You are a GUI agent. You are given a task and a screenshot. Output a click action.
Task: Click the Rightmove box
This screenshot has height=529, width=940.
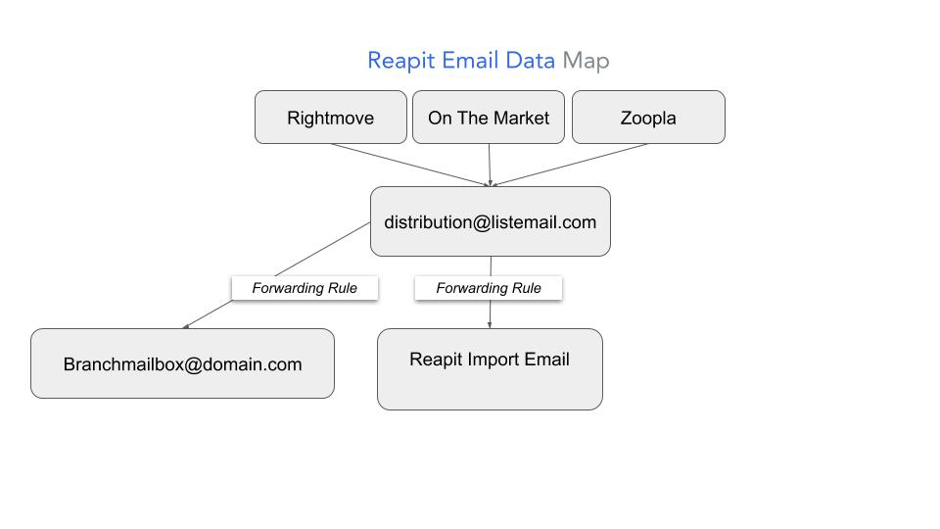pos(330,118)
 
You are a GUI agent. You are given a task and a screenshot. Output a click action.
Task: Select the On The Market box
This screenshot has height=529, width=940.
pos(489,118)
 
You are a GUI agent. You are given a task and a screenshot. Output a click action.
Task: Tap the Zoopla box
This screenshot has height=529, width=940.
pos(648,118)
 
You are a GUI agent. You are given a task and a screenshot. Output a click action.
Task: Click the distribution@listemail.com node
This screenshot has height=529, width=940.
pos(490,222)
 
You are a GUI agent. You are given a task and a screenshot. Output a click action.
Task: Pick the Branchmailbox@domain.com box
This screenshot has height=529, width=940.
pos(182,364)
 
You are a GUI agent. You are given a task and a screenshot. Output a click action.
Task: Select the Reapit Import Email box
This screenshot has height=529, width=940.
pos(490,370)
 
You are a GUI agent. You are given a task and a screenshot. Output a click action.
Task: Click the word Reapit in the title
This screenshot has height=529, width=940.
pos(401,61)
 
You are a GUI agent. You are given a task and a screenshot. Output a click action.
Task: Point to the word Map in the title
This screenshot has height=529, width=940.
pos(586,61)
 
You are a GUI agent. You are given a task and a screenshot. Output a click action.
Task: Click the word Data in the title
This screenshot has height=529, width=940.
pos(531,61)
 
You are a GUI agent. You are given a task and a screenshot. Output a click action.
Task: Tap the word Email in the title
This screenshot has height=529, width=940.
pos(471,61)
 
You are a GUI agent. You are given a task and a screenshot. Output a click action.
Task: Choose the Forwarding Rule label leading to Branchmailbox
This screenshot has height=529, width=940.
pos(305,288)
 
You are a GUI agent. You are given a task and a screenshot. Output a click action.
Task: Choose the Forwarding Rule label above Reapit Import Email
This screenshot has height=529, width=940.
pos(489,288)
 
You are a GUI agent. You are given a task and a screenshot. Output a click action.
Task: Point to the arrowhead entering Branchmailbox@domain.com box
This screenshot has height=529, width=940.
pos(186,325)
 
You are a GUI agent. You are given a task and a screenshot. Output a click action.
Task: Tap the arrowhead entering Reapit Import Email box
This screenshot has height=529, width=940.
pos(490,325)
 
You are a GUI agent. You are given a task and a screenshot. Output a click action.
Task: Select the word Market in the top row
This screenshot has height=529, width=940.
pos(521,118)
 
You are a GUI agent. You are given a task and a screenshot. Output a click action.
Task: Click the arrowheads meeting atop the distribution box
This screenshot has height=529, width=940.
pos(490,183)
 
